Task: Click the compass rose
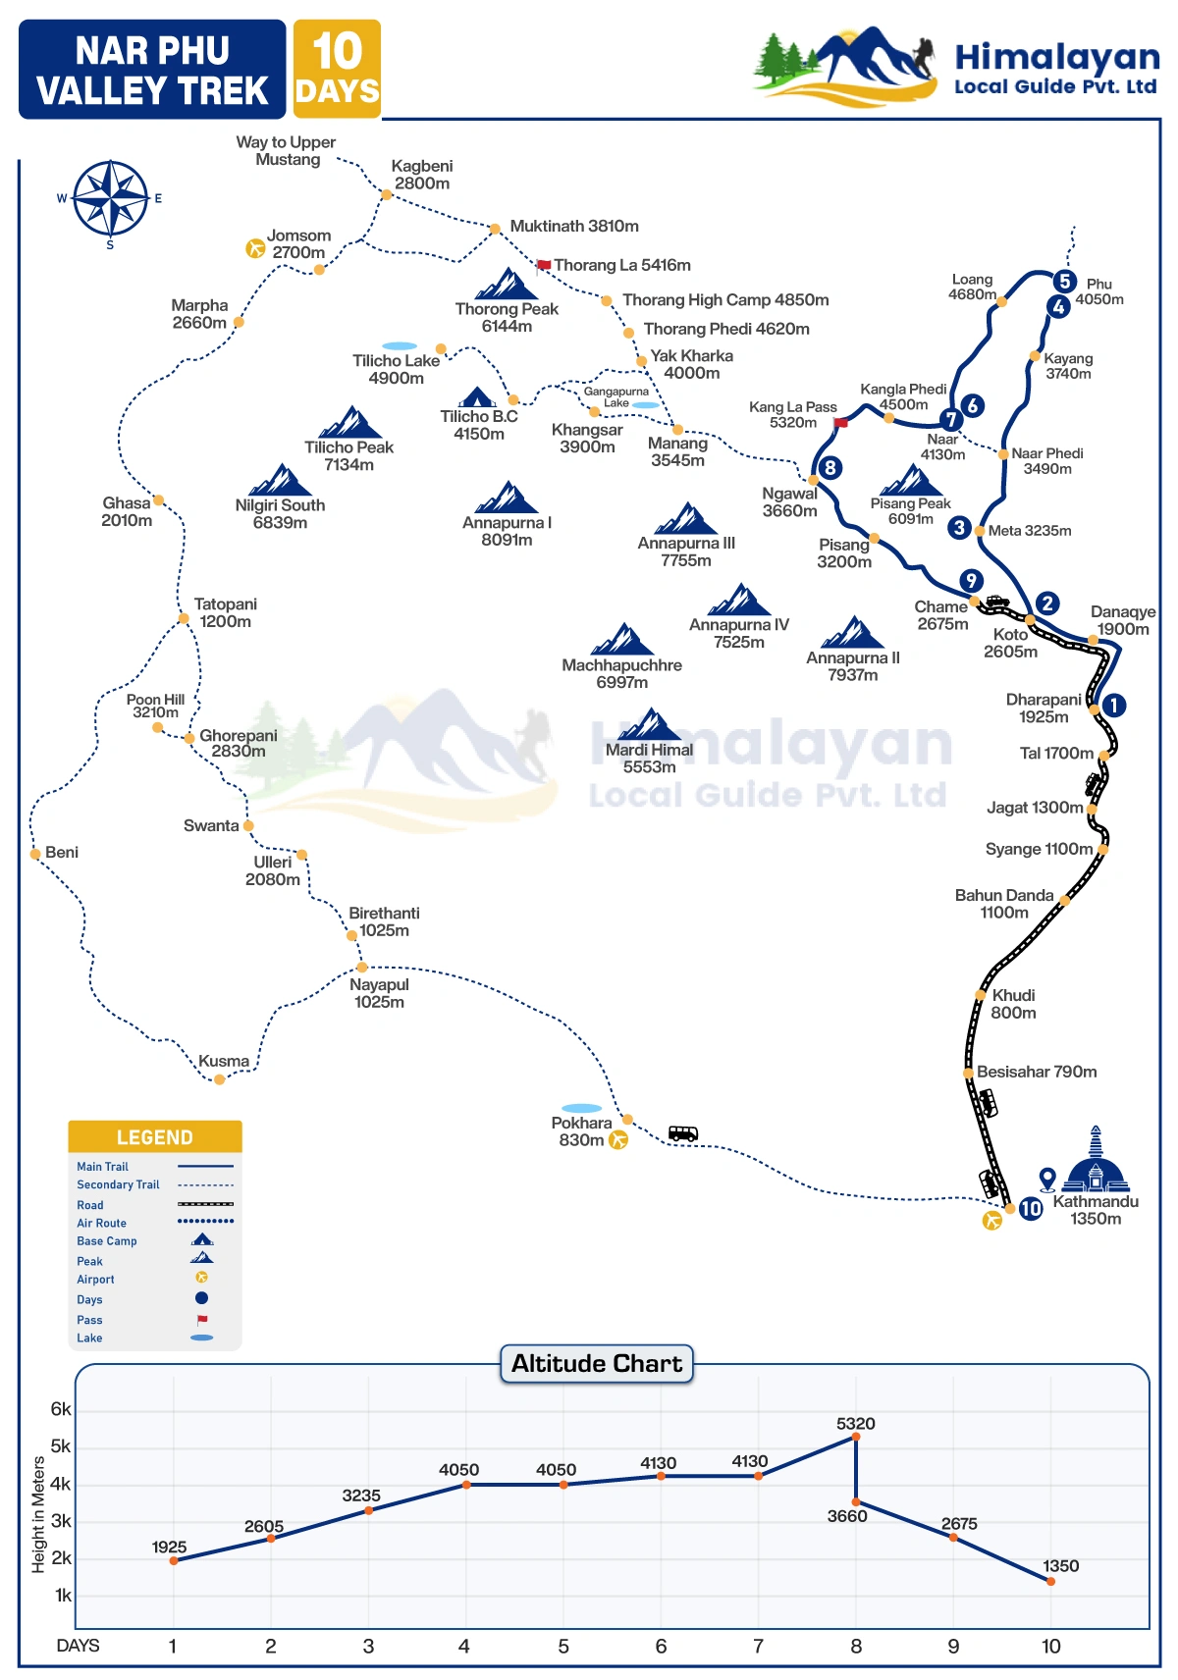point(111,199)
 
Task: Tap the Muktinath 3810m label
point(574,227)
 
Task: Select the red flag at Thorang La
point(544,265)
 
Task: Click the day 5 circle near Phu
point(1064,282)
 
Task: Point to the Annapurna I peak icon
point(507,498)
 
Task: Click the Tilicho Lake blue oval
point(400,346)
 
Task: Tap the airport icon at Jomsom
point(255,248)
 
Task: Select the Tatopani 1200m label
point(225,613)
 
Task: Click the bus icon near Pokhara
point(683,1133)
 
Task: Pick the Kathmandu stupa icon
point(1096,1163)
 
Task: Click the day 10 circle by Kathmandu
point(1031,1209)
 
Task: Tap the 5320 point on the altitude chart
point(856,1437)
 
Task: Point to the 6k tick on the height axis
point(61,1410)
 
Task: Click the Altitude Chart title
point(597,1364)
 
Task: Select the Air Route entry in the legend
point(102,1224)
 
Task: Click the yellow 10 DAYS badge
point(337,70)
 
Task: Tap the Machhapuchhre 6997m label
point(621,674)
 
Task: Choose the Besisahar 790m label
point(1037,1073)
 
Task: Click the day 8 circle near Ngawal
point(830,468)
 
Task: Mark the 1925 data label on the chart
point(169,1548)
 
